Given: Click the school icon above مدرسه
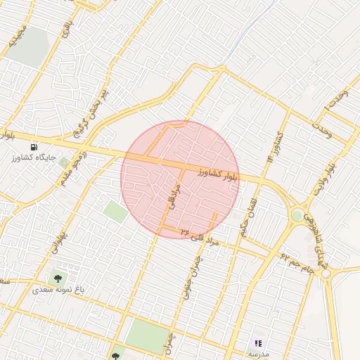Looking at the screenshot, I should pyautogui.click(x=257, y=342).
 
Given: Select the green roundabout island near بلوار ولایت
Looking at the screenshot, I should pyautogui.click(x=298, y=215).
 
